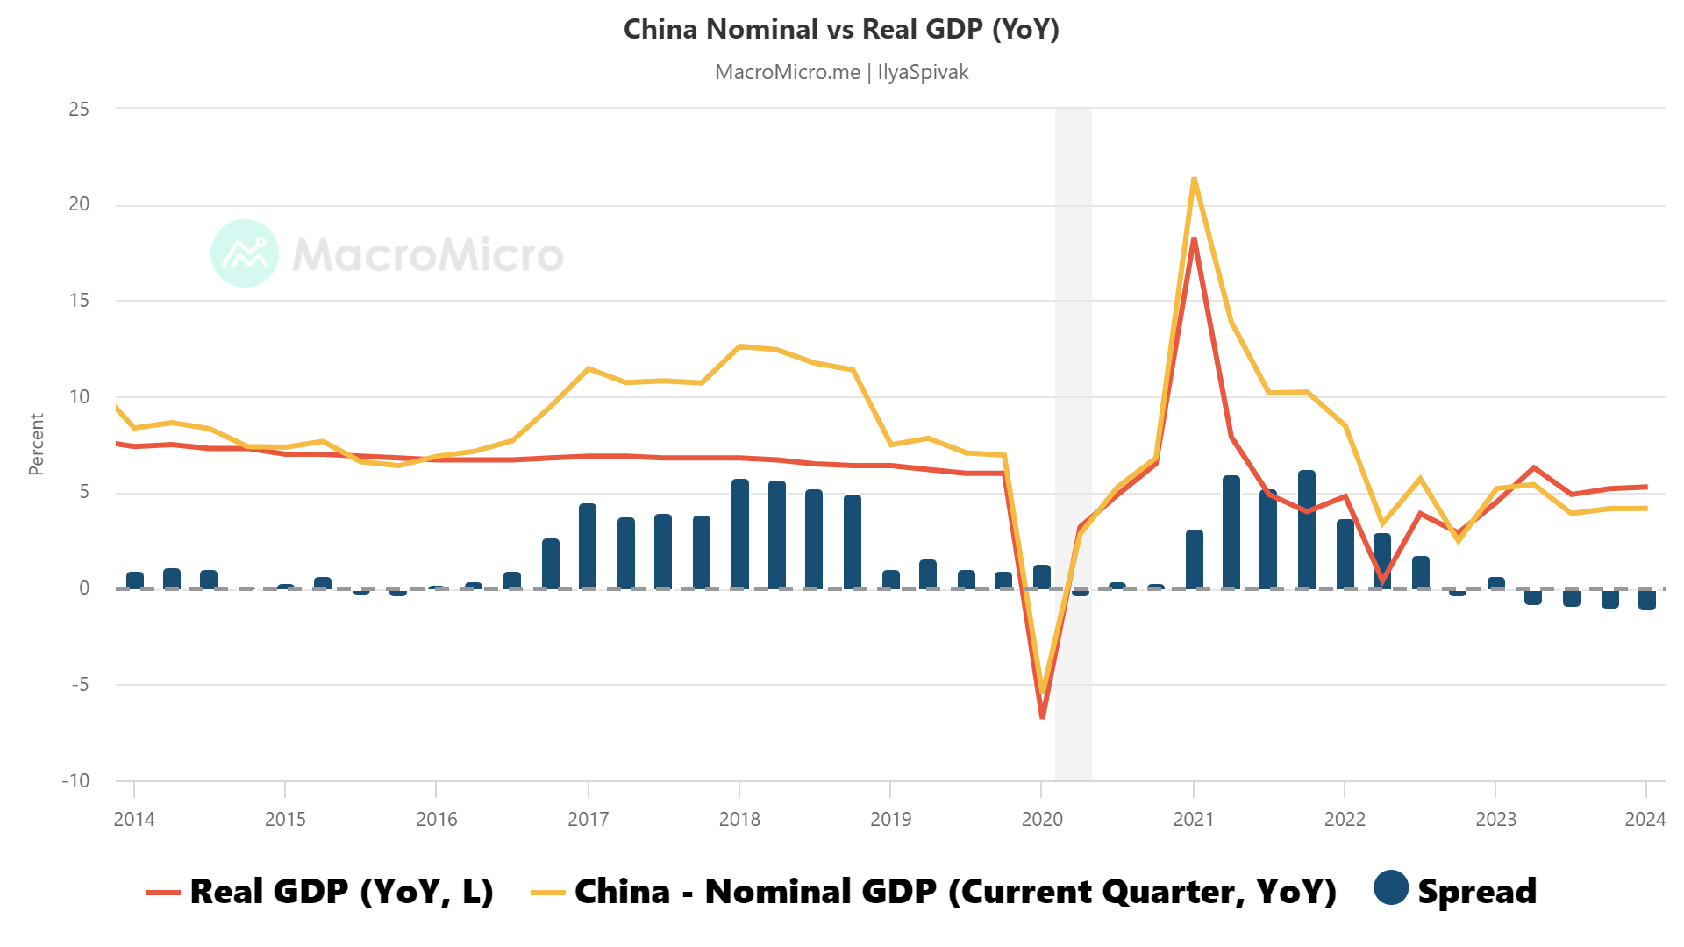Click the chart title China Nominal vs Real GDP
tap(841, 29)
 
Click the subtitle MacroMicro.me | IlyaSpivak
tap(841, 72)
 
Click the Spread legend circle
tap(1391, 887)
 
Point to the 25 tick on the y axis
tap(79, 109)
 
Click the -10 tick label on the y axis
tap(75, 780)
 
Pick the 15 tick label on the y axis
tap(79, 301)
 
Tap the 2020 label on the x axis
tap(1042, 819)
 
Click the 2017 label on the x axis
tap(588, 819)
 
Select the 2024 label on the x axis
tap(1645, 819)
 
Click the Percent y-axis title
tap(36, 445)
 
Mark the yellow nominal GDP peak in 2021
tap(1194, 180)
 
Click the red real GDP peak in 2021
tap(1194, 239)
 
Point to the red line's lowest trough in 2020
tap(1042, 716)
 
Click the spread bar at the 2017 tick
tap(588, 546)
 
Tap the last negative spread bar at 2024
tap(1647, 600)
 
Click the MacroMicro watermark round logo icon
tap(245, 253)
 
